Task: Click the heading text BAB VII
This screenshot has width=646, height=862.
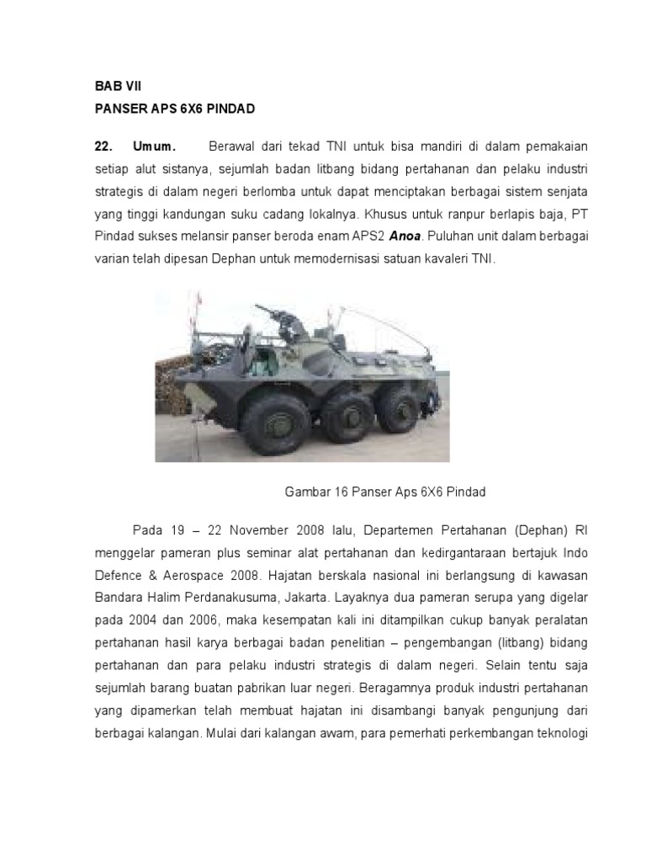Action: pyautogui.click(x=114, y=86)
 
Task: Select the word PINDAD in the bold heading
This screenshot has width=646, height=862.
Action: pyautogui.click(x=227, y=109)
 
